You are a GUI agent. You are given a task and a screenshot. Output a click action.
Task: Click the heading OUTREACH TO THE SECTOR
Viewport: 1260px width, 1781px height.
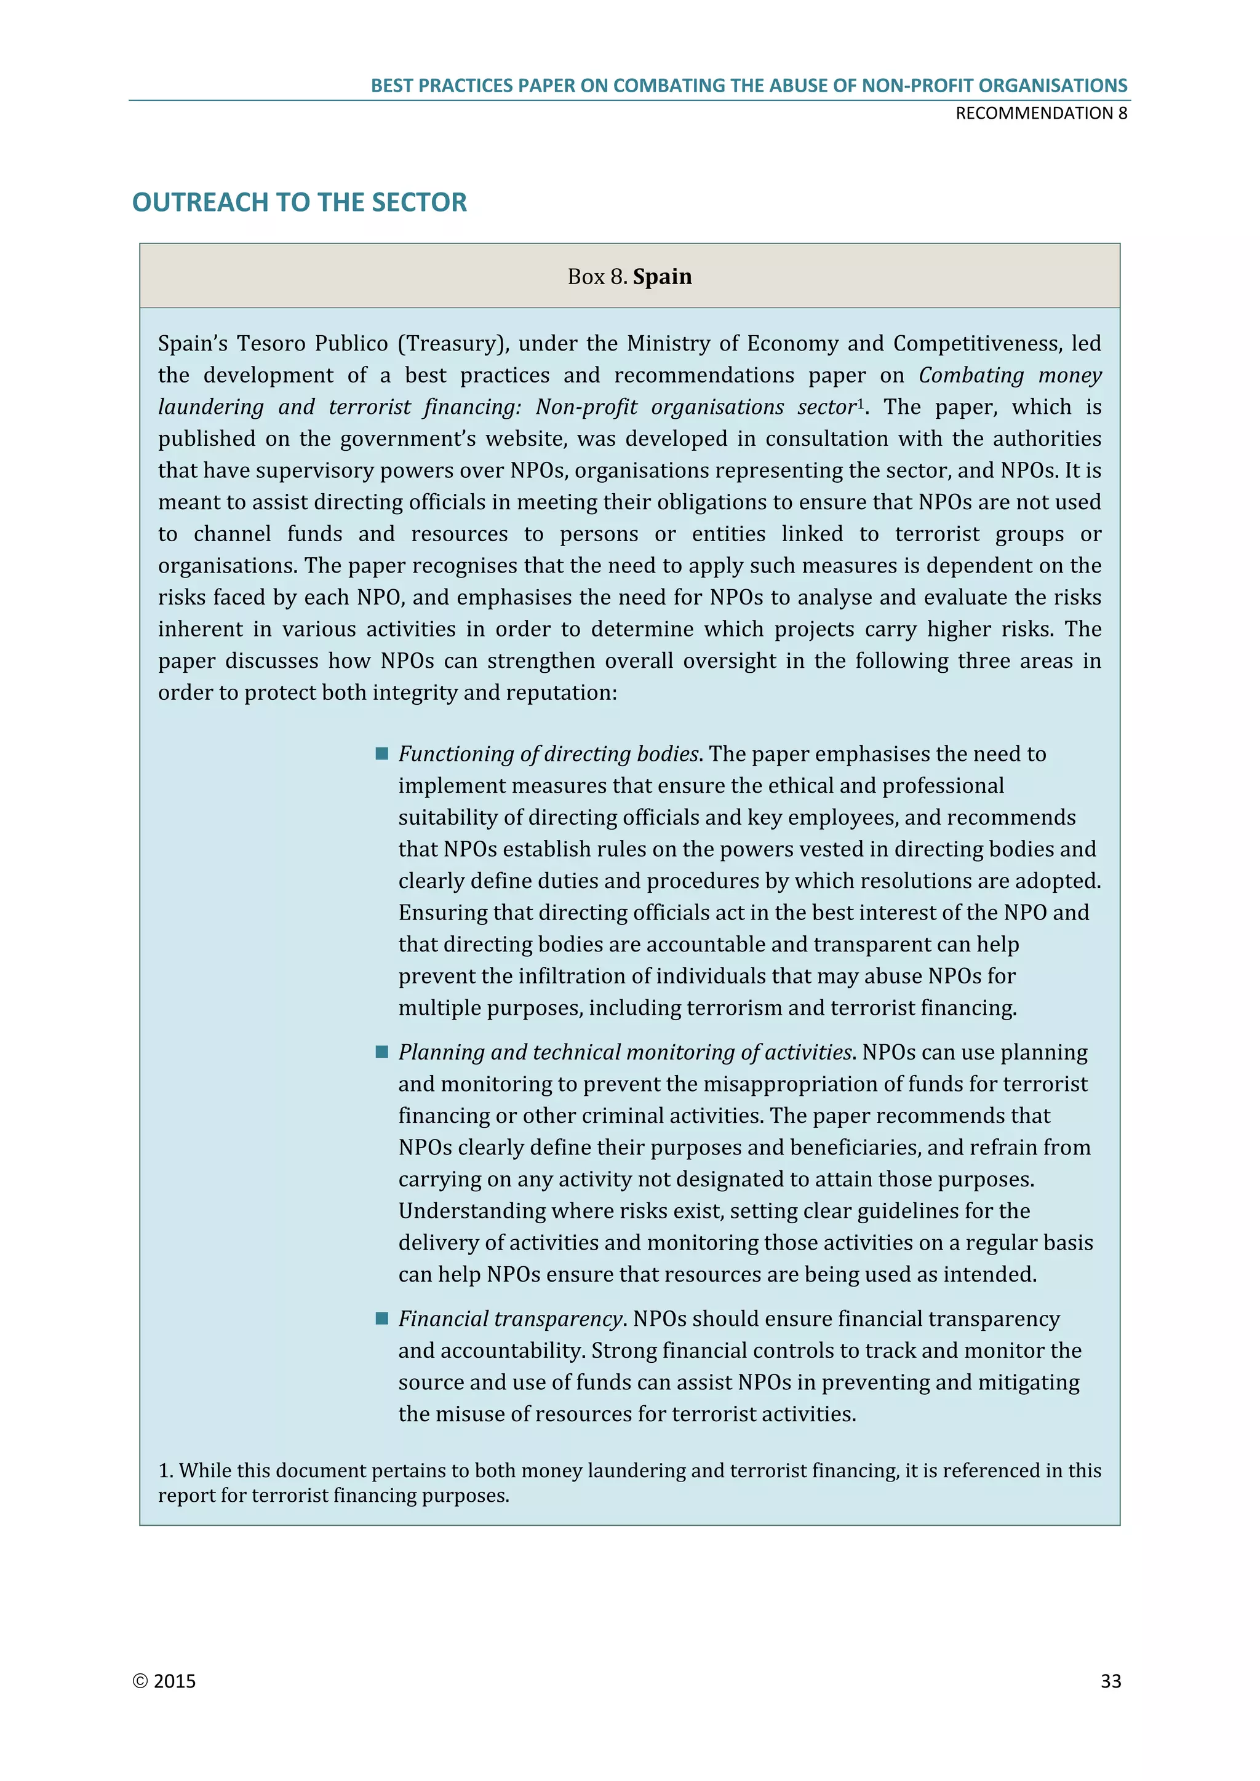(x=300, y=202)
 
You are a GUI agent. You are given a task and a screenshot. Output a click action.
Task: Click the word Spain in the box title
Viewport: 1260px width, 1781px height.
(x=662, y=277)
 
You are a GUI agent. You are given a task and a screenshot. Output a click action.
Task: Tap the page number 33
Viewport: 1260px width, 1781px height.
(x=1110, y=1681)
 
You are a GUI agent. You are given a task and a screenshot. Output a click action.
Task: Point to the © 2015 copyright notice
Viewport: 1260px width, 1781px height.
(x=164, y=1681)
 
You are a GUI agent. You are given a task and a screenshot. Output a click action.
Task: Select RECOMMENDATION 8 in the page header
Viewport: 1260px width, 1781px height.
(x=1040, y=113)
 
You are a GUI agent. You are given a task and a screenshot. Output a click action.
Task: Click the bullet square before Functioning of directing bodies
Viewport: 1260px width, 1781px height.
(x=381, y=754)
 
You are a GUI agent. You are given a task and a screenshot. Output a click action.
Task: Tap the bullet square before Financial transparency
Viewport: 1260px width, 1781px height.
(x=381, y=1319)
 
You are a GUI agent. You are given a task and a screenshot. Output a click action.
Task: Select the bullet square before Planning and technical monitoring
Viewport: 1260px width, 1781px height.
(x=381, y=1052)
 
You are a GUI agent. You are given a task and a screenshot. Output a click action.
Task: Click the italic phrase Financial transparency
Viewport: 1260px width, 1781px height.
(x=511, y=1319)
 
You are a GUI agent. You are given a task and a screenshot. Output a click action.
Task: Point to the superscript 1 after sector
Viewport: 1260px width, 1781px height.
(x=859, y=403)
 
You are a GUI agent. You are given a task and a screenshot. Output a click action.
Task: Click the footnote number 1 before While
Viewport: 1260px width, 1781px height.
(x=164, y=1470)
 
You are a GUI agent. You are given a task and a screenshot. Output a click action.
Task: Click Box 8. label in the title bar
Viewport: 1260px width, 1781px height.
(x=597, y=277)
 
